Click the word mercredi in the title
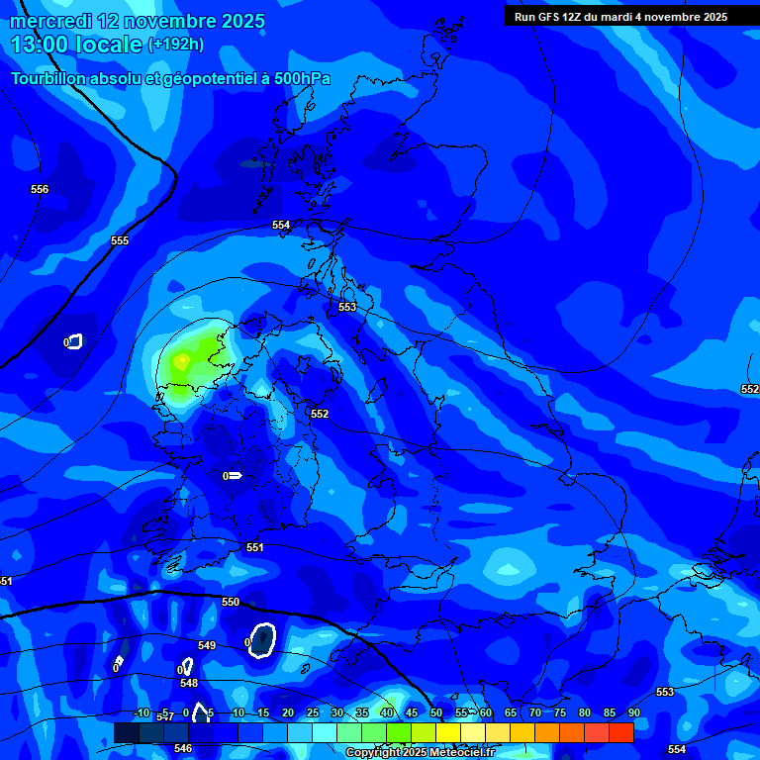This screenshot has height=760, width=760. coord(52,21)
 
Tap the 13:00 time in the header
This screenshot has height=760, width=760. coord(41,45)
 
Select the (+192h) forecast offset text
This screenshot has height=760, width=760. coord(175,45)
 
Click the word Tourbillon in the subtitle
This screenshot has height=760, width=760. coord(53,79)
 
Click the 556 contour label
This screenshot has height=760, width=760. coord(40,189)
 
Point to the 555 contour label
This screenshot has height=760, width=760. coord(120,240)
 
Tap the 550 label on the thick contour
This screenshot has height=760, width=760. coord(231,602)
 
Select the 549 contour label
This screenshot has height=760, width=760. coord(207,646)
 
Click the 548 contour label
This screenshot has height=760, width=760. coord(189,683)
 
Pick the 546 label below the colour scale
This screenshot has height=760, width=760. coord(183,749)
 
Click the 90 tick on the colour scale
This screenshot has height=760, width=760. coord(633,712)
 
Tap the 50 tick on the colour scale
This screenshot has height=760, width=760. coord(435,712)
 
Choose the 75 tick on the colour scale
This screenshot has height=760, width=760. coord(559,712)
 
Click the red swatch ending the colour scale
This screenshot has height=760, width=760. coord(620,732)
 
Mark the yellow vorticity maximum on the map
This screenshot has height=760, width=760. coord(180,362)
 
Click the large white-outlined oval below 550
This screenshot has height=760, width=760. coord(262,639)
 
